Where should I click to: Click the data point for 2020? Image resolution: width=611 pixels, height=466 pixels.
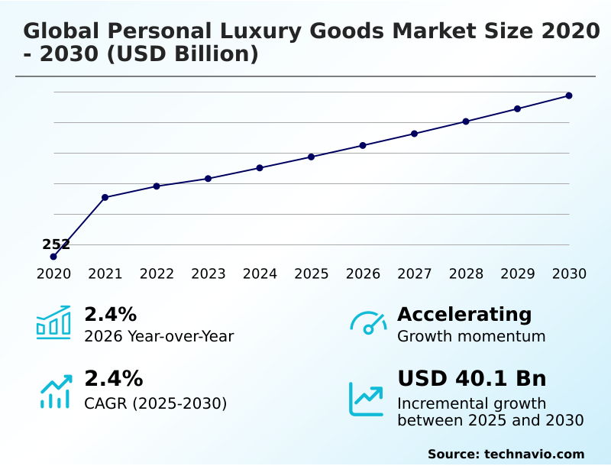click(x=53, y=257)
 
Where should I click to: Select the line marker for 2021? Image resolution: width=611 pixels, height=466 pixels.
click(x=105, y=197)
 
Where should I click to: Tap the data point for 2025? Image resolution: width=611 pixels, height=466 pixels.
click(x=312, y=157)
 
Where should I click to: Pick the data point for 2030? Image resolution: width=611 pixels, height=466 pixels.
click(x=569, y=95)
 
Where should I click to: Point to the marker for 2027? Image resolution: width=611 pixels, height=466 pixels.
click(x=415, y=134)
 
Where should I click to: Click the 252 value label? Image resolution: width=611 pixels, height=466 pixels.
click(x=56, y=244)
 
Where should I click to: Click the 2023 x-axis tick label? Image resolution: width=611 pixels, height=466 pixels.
click(x=209, y=274)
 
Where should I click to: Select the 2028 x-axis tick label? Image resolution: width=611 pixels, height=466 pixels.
click(x=466, y=274)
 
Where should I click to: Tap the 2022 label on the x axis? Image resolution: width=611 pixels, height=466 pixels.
click(x=157, y=274)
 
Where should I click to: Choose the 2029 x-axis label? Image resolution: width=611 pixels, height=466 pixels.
click(x=518, y=274)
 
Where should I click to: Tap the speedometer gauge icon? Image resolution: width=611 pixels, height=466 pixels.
click(x=368, y=322)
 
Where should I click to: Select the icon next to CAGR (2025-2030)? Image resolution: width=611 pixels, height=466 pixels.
click(x=55, y=391)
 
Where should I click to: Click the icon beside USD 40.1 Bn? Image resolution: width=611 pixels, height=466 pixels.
click(x=367, y=398)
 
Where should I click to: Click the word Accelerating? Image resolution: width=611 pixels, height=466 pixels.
click(x=464, y=314)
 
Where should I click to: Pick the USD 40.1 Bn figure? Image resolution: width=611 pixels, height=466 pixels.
click(x=472, y=379)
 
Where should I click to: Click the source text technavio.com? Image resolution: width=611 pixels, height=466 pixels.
click(x=534, y=454)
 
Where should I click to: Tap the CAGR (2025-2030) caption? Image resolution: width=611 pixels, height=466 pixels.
click(x=156, y=403)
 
